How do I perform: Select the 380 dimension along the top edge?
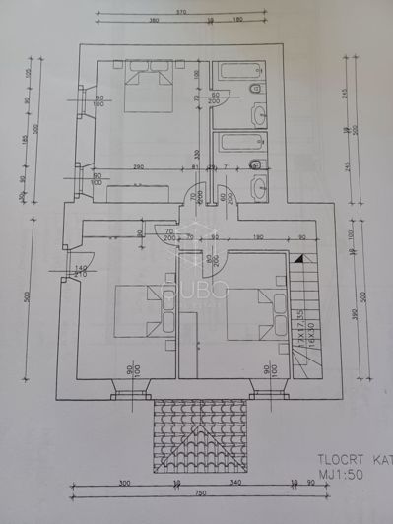[154, 20]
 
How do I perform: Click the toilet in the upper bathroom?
[255, 90]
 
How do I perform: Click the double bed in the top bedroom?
[148, 86]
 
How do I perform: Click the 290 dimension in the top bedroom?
[139, 168]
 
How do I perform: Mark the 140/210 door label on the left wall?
[81, 271]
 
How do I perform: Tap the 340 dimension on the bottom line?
[237, 483]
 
